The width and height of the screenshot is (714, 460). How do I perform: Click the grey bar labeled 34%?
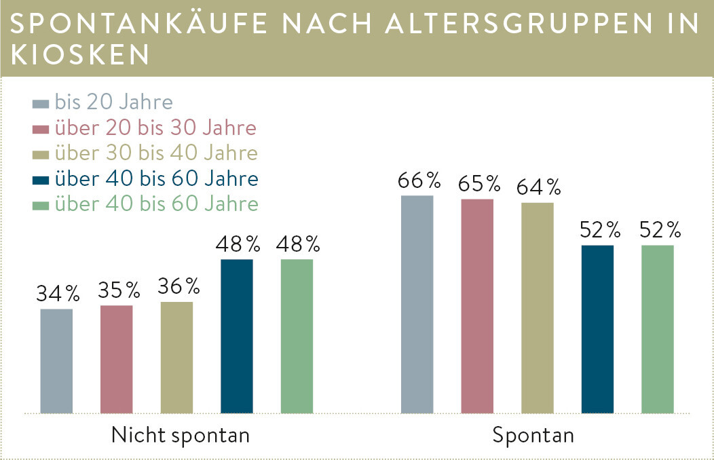tap(56, 361)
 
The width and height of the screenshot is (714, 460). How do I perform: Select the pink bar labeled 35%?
tap(117, 360)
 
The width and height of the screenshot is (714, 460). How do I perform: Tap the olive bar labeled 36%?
tap(176, 358)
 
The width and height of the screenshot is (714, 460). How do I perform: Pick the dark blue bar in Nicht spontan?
tap(237, 337)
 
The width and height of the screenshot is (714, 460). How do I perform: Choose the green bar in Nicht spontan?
tap(297, 337)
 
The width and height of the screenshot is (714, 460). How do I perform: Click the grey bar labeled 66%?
tap(417, 305)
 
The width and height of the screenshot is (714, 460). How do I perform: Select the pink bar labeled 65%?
tap(477, 306)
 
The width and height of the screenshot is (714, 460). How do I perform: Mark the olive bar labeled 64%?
tap(538, 308)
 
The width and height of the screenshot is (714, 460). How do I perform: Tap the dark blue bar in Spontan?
tap(597, 330)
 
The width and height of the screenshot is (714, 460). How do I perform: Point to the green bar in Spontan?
tap(658, 330)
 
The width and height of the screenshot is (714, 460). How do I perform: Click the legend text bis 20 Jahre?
tap(114, 102)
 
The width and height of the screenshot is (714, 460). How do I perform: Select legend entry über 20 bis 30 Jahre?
tap(155, 128)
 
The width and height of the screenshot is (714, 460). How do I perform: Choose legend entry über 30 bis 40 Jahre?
tap(156, 153)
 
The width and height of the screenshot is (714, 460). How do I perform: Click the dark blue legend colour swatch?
tap(41, 180)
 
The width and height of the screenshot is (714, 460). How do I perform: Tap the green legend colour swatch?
tap(41, 206)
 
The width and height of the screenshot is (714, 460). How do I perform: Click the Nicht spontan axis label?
tap(181, 436)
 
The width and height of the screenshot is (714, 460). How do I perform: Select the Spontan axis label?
tap(533, 436)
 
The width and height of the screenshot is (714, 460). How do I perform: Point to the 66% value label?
tap(419, 180)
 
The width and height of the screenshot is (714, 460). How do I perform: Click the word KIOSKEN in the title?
tap(79, 55)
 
